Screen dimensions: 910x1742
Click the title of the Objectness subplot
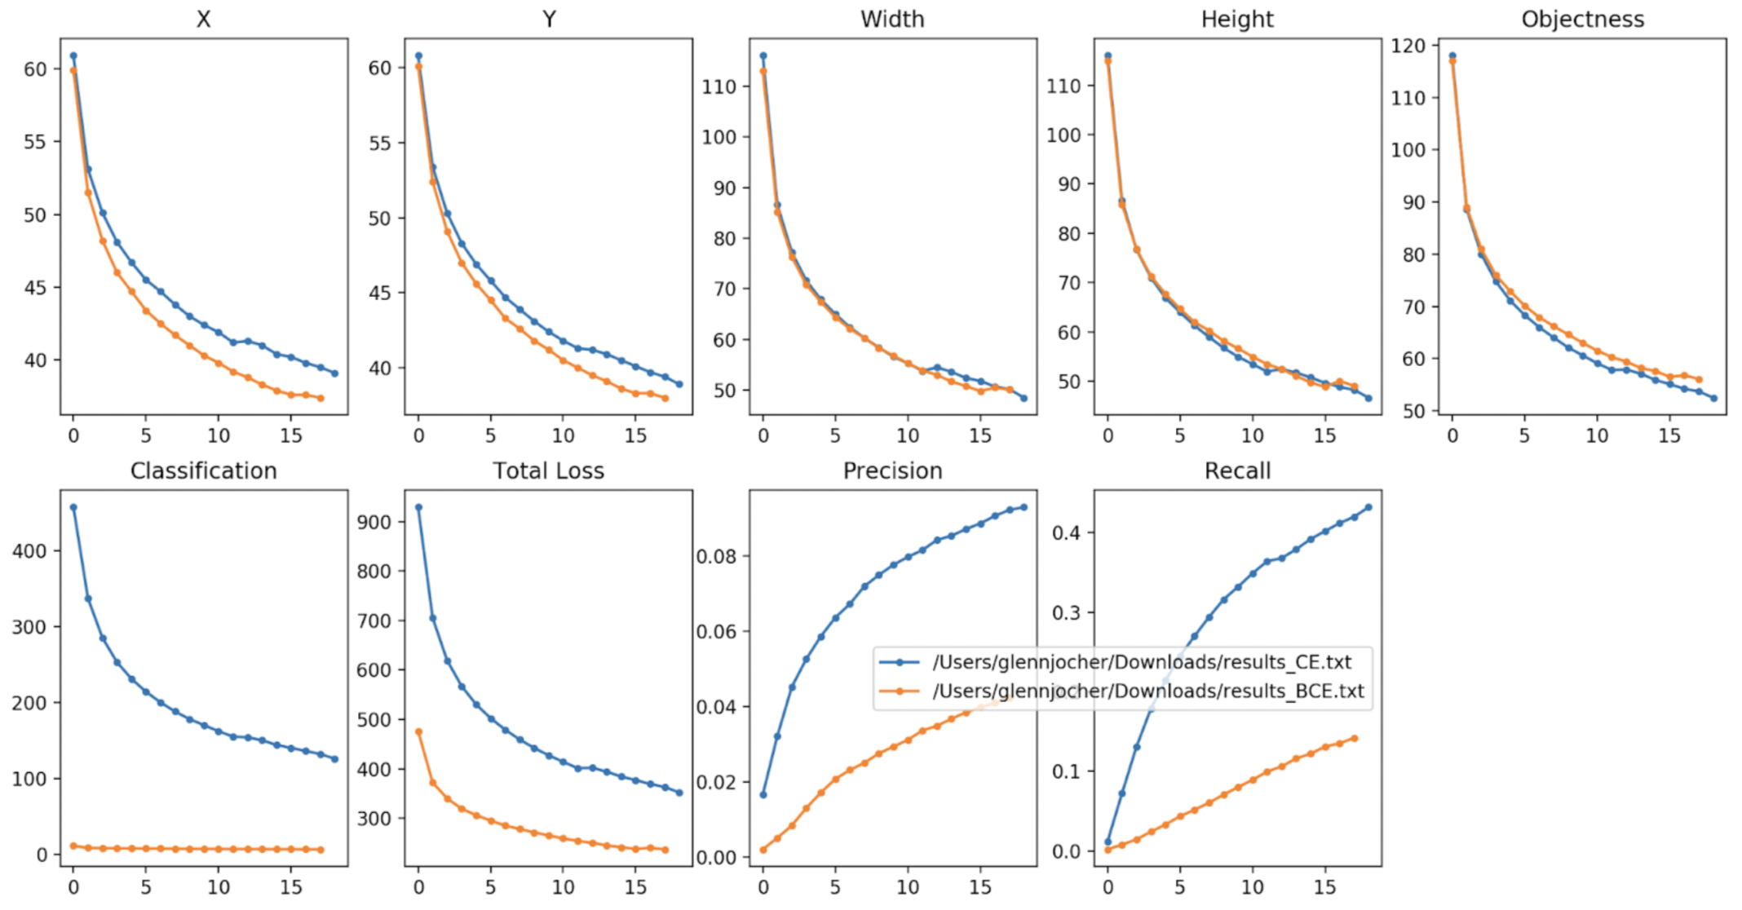coord(1582,19)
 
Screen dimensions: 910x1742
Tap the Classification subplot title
coord(203,470)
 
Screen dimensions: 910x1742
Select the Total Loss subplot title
coord(548,470)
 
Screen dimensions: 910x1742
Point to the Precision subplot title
coord(892,470)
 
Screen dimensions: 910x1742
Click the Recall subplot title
coord(1237,470)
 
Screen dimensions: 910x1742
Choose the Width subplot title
coord(892,19)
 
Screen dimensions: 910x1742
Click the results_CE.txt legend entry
coord(1142,662)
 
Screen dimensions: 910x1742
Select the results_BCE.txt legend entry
coord(1147,691)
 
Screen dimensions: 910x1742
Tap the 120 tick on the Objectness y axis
coord(1408,46)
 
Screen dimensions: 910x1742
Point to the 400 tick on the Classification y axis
coord(30,551)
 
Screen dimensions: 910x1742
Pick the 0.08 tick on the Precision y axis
coord(717,556)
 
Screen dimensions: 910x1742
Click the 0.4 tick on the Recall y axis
coord(1065,532)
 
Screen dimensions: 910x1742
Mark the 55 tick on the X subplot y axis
coord(35,142)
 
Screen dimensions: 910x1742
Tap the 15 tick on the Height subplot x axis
coord(1324,435)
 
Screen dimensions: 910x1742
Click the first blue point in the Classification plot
coord(73,507)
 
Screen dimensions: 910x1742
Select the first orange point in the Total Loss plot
coord(418,731)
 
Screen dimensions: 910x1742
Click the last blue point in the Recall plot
coord(1368,507)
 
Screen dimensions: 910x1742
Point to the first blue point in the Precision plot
coord(763,794)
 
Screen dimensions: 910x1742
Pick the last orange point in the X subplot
coord(321,398)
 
